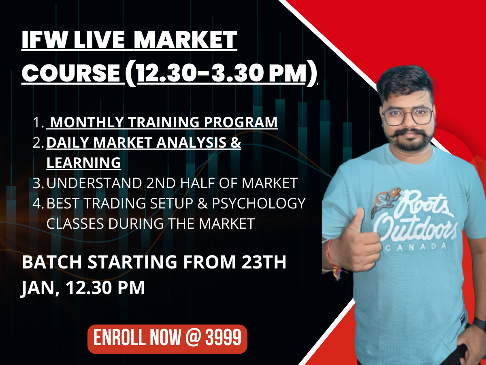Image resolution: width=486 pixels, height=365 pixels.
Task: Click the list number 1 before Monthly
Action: (38, 122)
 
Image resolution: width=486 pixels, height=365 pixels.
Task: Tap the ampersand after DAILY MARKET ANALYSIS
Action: (236, 143)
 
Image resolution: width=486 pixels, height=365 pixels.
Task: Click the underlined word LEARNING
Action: (83, 163)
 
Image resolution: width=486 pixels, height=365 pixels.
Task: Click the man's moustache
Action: (409, 134)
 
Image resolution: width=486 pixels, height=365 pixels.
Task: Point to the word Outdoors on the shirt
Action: (417, 229)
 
